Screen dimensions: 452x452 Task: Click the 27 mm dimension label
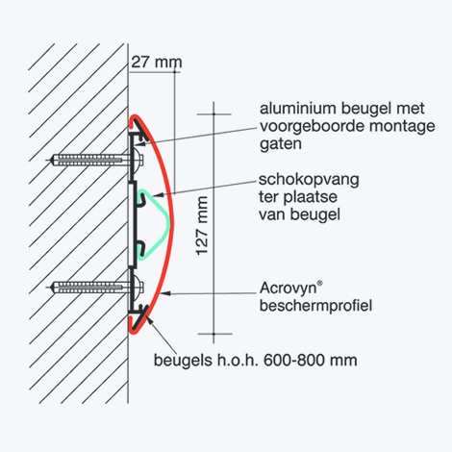pos(157,62)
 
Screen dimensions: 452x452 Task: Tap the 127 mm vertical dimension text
pos(202,226)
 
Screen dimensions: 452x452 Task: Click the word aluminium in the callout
pos(298,109)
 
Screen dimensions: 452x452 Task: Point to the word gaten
pos(281,144)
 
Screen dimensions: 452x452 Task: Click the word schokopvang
pos(309,180)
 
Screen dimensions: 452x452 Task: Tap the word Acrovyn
pos(288,289)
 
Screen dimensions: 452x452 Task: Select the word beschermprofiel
pos(315,306)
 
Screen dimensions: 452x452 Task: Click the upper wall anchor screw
pos(96,160)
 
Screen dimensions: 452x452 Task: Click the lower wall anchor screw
pos(96,288)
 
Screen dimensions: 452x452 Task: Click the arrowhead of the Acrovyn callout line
pos(165,293)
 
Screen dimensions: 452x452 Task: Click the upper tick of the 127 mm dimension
pos(213,114)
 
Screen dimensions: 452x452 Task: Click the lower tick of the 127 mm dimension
pos(213,334)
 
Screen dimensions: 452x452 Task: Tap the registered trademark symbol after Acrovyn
pos(319,284)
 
